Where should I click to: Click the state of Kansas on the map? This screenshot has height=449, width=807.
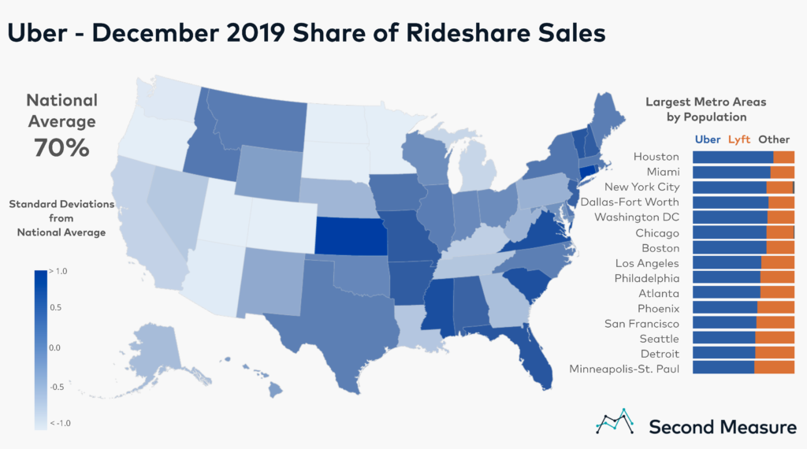click(351, 236)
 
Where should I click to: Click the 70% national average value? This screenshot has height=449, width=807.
click(61, 147)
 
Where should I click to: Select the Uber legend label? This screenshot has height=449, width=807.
click(706, 139)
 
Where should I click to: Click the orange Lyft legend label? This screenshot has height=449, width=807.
click(739, 139)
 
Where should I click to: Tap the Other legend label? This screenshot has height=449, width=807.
click(773, 139)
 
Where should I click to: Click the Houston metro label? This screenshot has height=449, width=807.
click(656, 157)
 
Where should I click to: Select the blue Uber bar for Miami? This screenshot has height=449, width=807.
click(731, 172)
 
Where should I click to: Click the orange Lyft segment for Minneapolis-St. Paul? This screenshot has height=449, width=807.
click(774, 368)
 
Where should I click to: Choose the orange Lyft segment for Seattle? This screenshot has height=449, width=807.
click(775, 338)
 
